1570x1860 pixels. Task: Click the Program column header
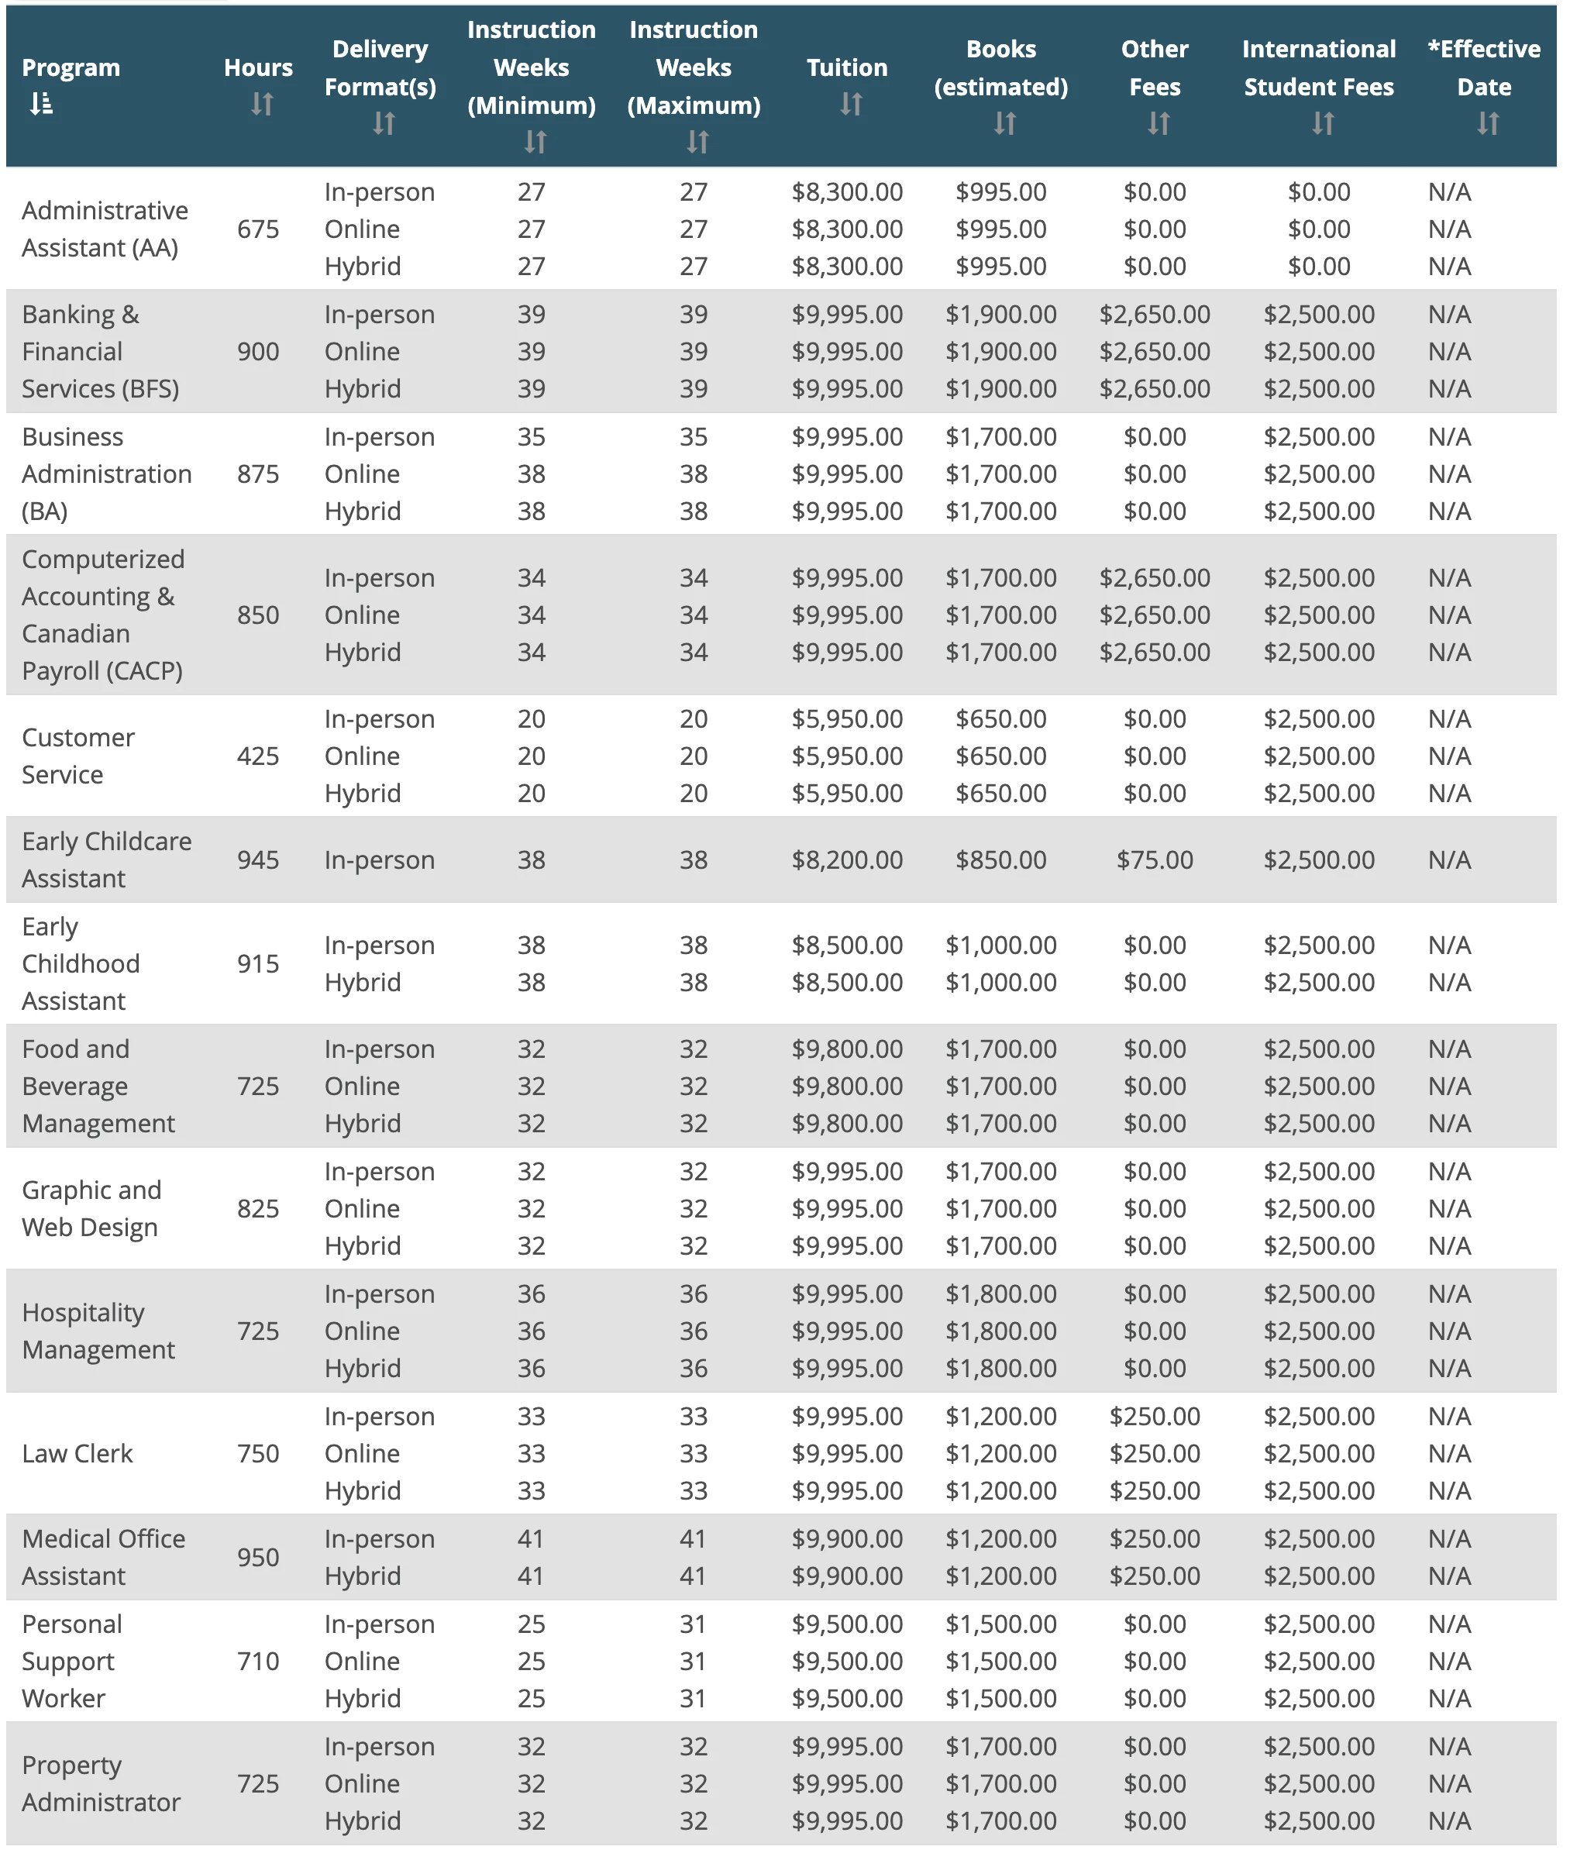click(x=71, y=67)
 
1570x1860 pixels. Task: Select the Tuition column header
click(x=846, y=67)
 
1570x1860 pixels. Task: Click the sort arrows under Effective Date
click(x=1487, y=122)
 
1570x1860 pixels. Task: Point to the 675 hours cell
click(x=258, y=229)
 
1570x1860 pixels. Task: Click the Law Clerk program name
click(x=77, y=1453)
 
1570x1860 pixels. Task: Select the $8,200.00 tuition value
click(x=846, y=859)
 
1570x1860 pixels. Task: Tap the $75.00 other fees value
click(x=1155, y=859)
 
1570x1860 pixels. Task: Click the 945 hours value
click(x=258, y=859)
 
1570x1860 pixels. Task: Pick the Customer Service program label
click(x=78, y=756)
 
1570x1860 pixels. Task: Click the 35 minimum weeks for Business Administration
click(x=532, y=437)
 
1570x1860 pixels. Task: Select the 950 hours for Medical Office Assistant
click(x=258, y=1558)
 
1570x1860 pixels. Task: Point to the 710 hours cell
click(x=258, y=1661)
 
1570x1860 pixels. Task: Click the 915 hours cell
click(x=258, y=964)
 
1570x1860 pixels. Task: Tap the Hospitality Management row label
click(x=98, y=1331)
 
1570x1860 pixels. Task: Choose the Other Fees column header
click(x=1155, y=67)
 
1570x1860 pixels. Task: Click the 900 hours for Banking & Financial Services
click(x=258, y=352)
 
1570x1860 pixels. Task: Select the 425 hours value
click(x=258, y=756)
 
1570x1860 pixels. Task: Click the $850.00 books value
click(x=1000, y=859)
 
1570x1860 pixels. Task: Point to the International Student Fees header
click(x=1318, y=67)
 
